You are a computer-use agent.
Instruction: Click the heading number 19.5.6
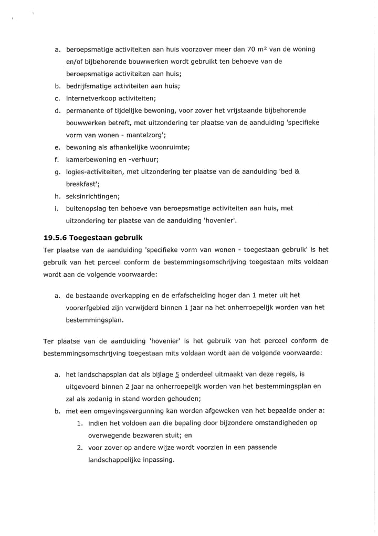click(58, 237)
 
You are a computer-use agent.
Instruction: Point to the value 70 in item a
click(252, 49)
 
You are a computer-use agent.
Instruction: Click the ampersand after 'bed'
click(297, 172)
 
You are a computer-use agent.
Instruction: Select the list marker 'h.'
click(57, 196)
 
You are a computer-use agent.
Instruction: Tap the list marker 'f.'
click(57, 159)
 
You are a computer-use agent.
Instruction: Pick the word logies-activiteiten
click(99, 172)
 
